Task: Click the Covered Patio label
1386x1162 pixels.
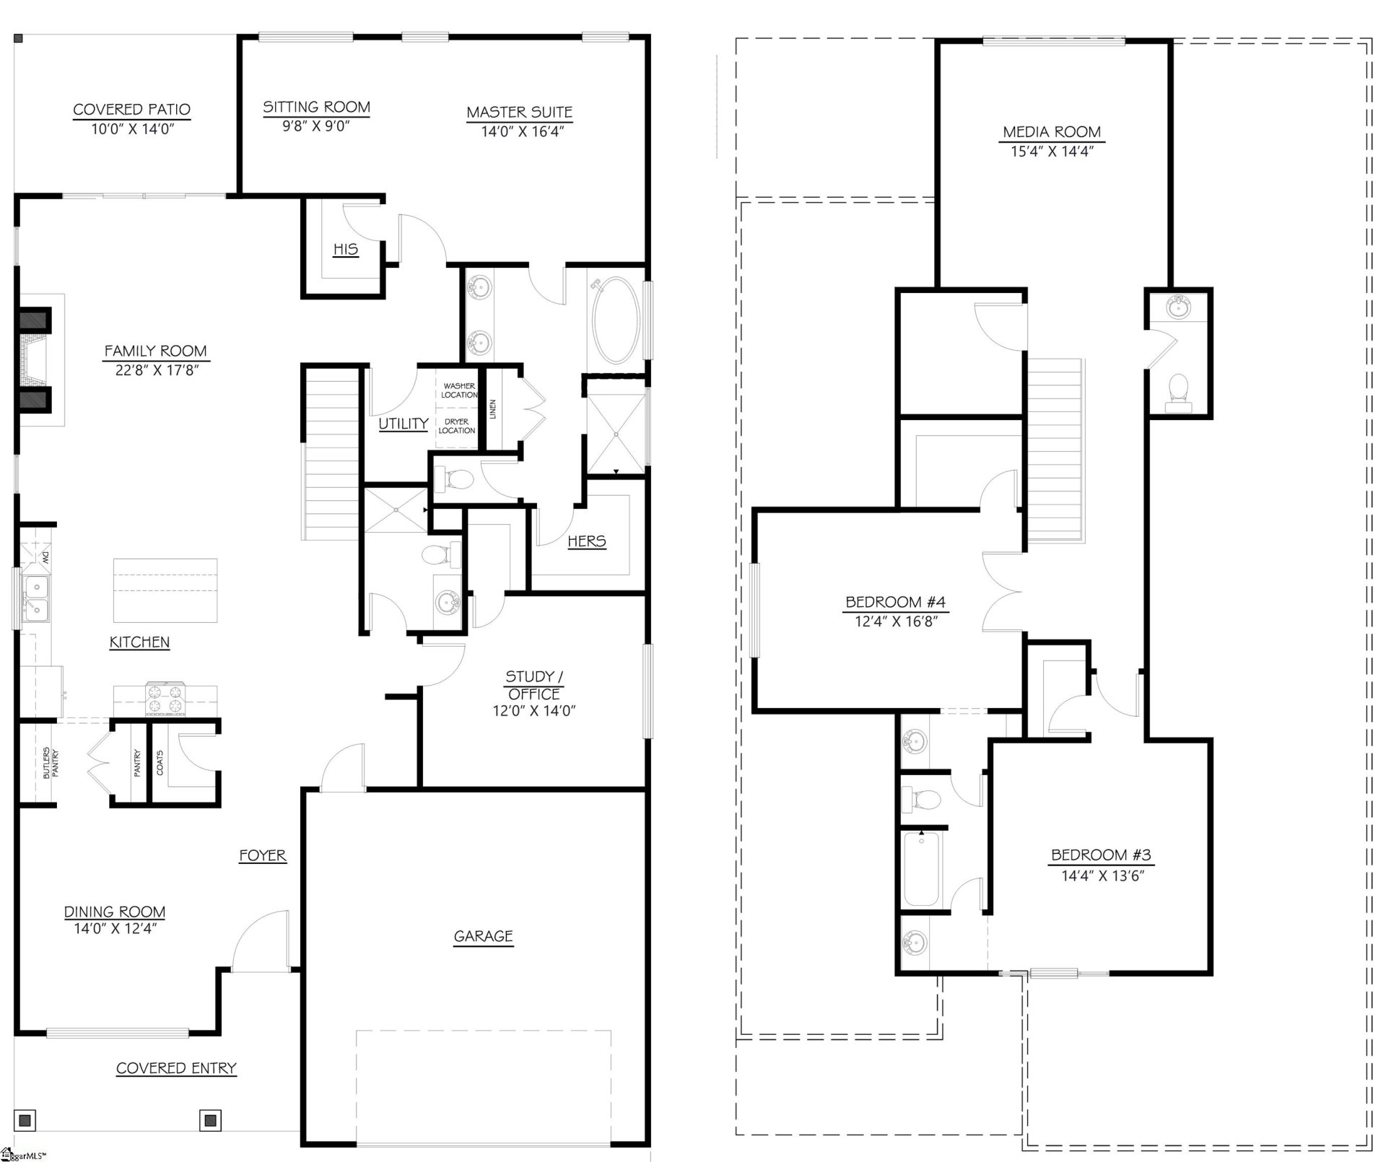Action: [131, 110]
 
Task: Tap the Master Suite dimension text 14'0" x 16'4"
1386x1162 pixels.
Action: [519, 131]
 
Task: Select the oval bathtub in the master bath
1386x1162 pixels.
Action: [615, 320]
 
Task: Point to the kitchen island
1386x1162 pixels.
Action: [165, 590]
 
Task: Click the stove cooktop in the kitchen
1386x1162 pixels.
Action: [165, 699]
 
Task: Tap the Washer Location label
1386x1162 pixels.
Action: [459, 390]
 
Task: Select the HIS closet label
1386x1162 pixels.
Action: [345, 249]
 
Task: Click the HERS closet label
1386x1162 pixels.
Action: [586, 541]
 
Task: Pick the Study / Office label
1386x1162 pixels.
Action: [533, 685]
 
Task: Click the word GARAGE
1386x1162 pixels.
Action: [483, 936]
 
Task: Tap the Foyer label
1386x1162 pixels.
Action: [263, 855]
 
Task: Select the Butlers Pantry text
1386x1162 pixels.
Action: [51, 763]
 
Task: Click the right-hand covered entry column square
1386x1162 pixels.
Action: [210, 1120]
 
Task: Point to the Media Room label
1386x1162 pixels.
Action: [1052, 132]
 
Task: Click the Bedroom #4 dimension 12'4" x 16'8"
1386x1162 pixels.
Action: [895, 621]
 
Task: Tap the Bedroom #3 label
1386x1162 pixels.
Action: [1101, 855]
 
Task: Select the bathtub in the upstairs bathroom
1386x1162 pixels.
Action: [921, 869]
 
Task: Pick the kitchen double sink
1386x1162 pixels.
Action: [35, 598]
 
